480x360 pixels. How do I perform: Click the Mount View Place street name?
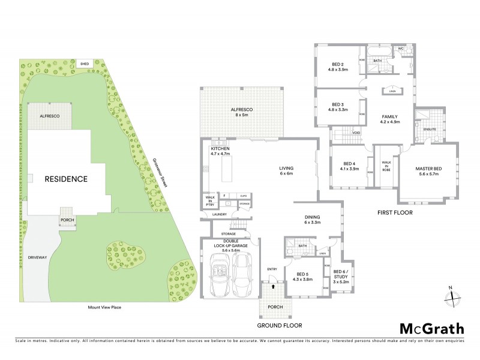point(104,307)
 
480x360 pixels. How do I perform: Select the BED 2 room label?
point(337,67)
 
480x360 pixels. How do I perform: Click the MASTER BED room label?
point(428,172)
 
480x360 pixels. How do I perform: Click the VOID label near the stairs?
point(356,133)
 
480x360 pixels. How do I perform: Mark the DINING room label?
point(312,219)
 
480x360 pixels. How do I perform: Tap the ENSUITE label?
point(429,129)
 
